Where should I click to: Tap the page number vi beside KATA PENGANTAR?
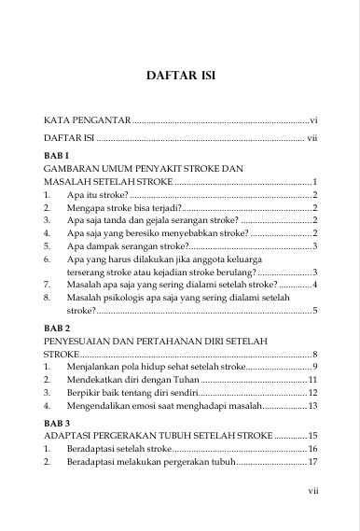(314, 121)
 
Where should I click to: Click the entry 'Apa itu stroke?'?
(98, 194)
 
